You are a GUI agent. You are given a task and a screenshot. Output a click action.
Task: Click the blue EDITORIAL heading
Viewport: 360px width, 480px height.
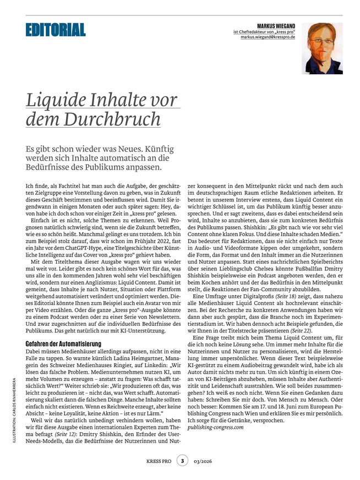pyautogui.click(x=55, y=30)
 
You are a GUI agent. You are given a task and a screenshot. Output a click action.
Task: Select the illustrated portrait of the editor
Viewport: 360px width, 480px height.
pyautogui.click(x=322, y=48)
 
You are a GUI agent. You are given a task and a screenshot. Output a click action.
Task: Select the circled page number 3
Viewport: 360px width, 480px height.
pyautogui.click(x=182, y=462)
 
